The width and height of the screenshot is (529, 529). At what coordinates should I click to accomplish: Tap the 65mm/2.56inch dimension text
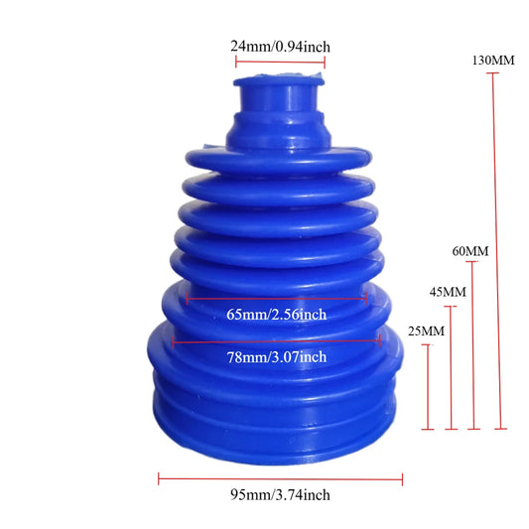(x=277, y=315)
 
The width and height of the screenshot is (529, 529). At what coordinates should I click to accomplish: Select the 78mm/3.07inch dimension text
(x=277, y=357)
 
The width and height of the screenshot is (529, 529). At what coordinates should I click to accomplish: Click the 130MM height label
(x=495, y=61)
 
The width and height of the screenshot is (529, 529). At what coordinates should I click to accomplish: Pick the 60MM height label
(x=470, y=251)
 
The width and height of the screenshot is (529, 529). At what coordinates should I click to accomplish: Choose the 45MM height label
(x=448, y=292)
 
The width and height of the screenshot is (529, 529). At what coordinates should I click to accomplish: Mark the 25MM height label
(x=426, y=330)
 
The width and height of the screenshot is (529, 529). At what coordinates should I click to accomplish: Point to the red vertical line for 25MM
(x=428, y=387)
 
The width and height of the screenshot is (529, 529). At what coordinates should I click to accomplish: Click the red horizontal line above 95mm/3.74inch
(x=281, y=479)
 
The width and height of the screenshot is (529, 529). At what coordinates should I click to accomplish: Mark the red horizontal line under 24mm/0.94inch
(x=280, y=62)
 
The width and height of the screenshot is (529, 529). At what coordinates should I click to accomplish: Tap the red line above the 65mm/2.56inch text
(x=276, y=297)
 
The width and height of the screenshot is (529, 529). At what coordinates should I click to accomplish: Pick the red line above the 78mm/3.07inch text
(x=276, y=340)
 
